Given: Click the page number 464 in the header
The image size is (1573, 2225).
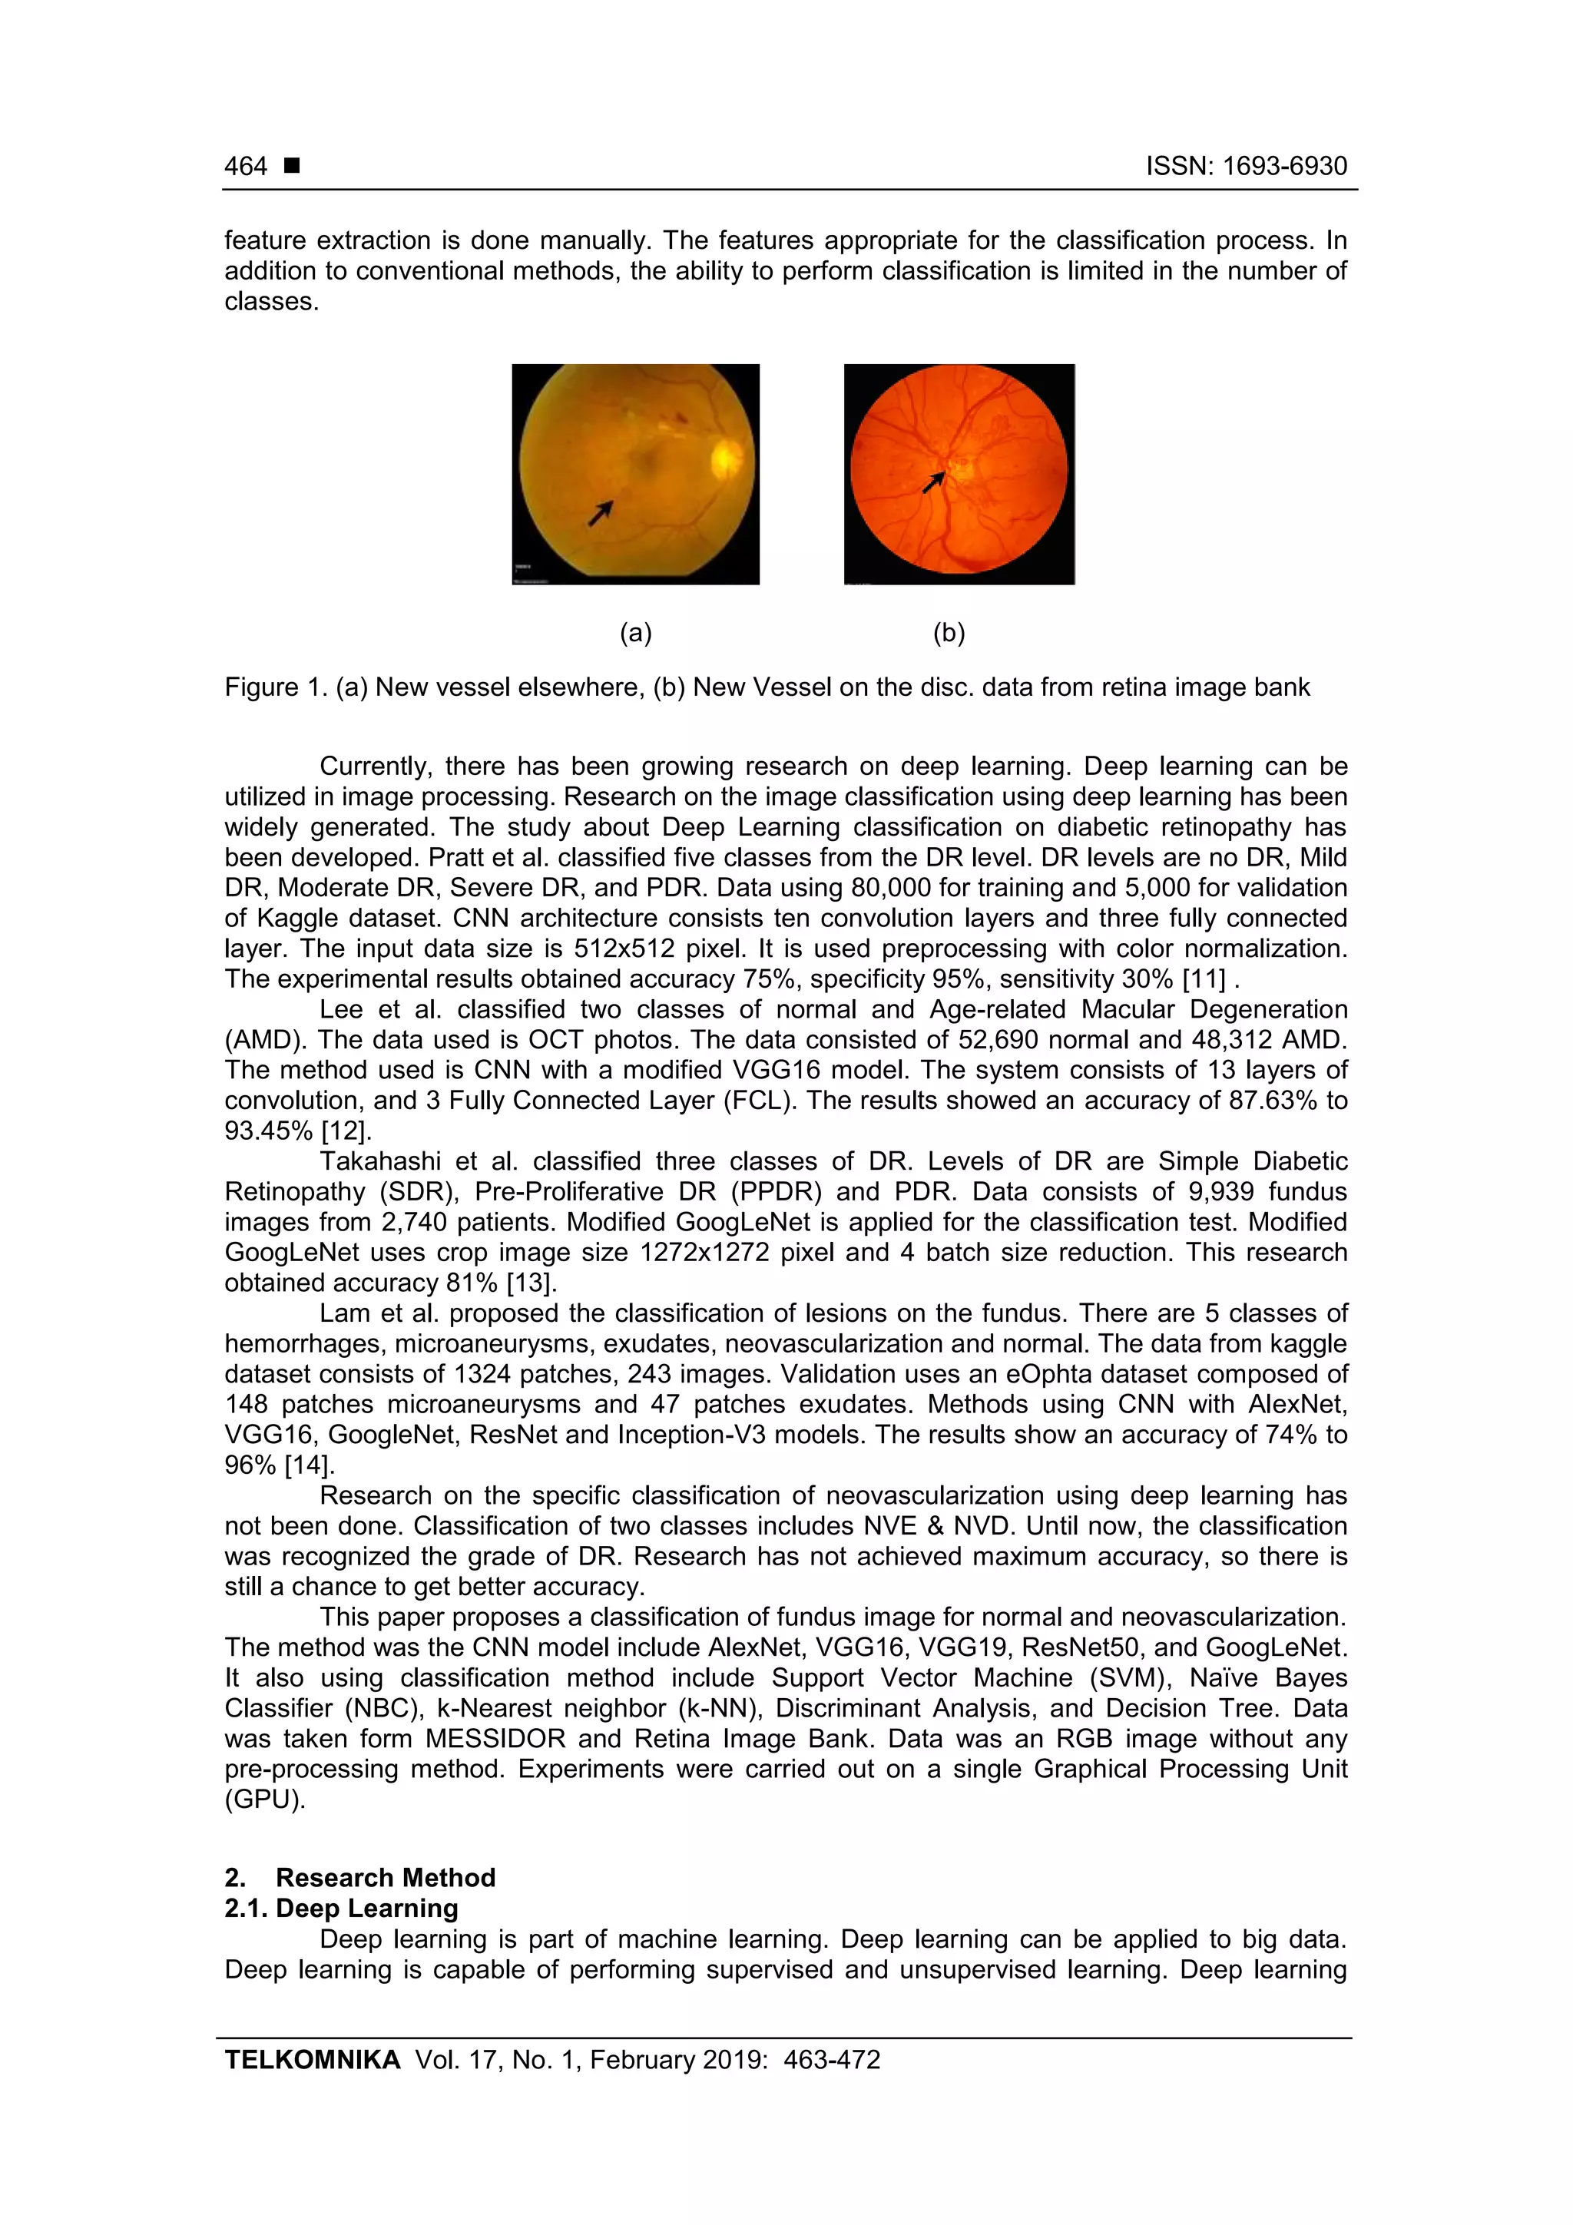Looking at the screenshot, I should click(245, 167).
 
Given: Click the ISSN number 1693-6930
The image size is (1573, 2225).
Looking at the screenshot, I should click(1283, 167).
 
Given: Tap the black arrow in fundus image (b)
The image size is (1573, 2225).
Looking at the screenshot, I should click(933, 482).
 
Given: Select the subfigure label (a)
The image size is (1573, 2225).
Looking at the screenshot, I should click(636, 633).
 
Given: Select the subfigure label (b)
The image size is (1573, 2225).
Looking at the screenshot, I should click(949, 633).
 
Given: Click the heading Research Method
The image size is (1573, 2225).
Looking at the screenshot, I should click(386, 1878).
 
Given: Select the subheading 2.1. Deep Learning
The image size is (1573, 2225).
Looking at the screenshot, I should click(341, 1908).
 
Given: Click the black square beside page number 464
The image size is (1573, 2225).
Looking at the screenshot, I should click(292, 166).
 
